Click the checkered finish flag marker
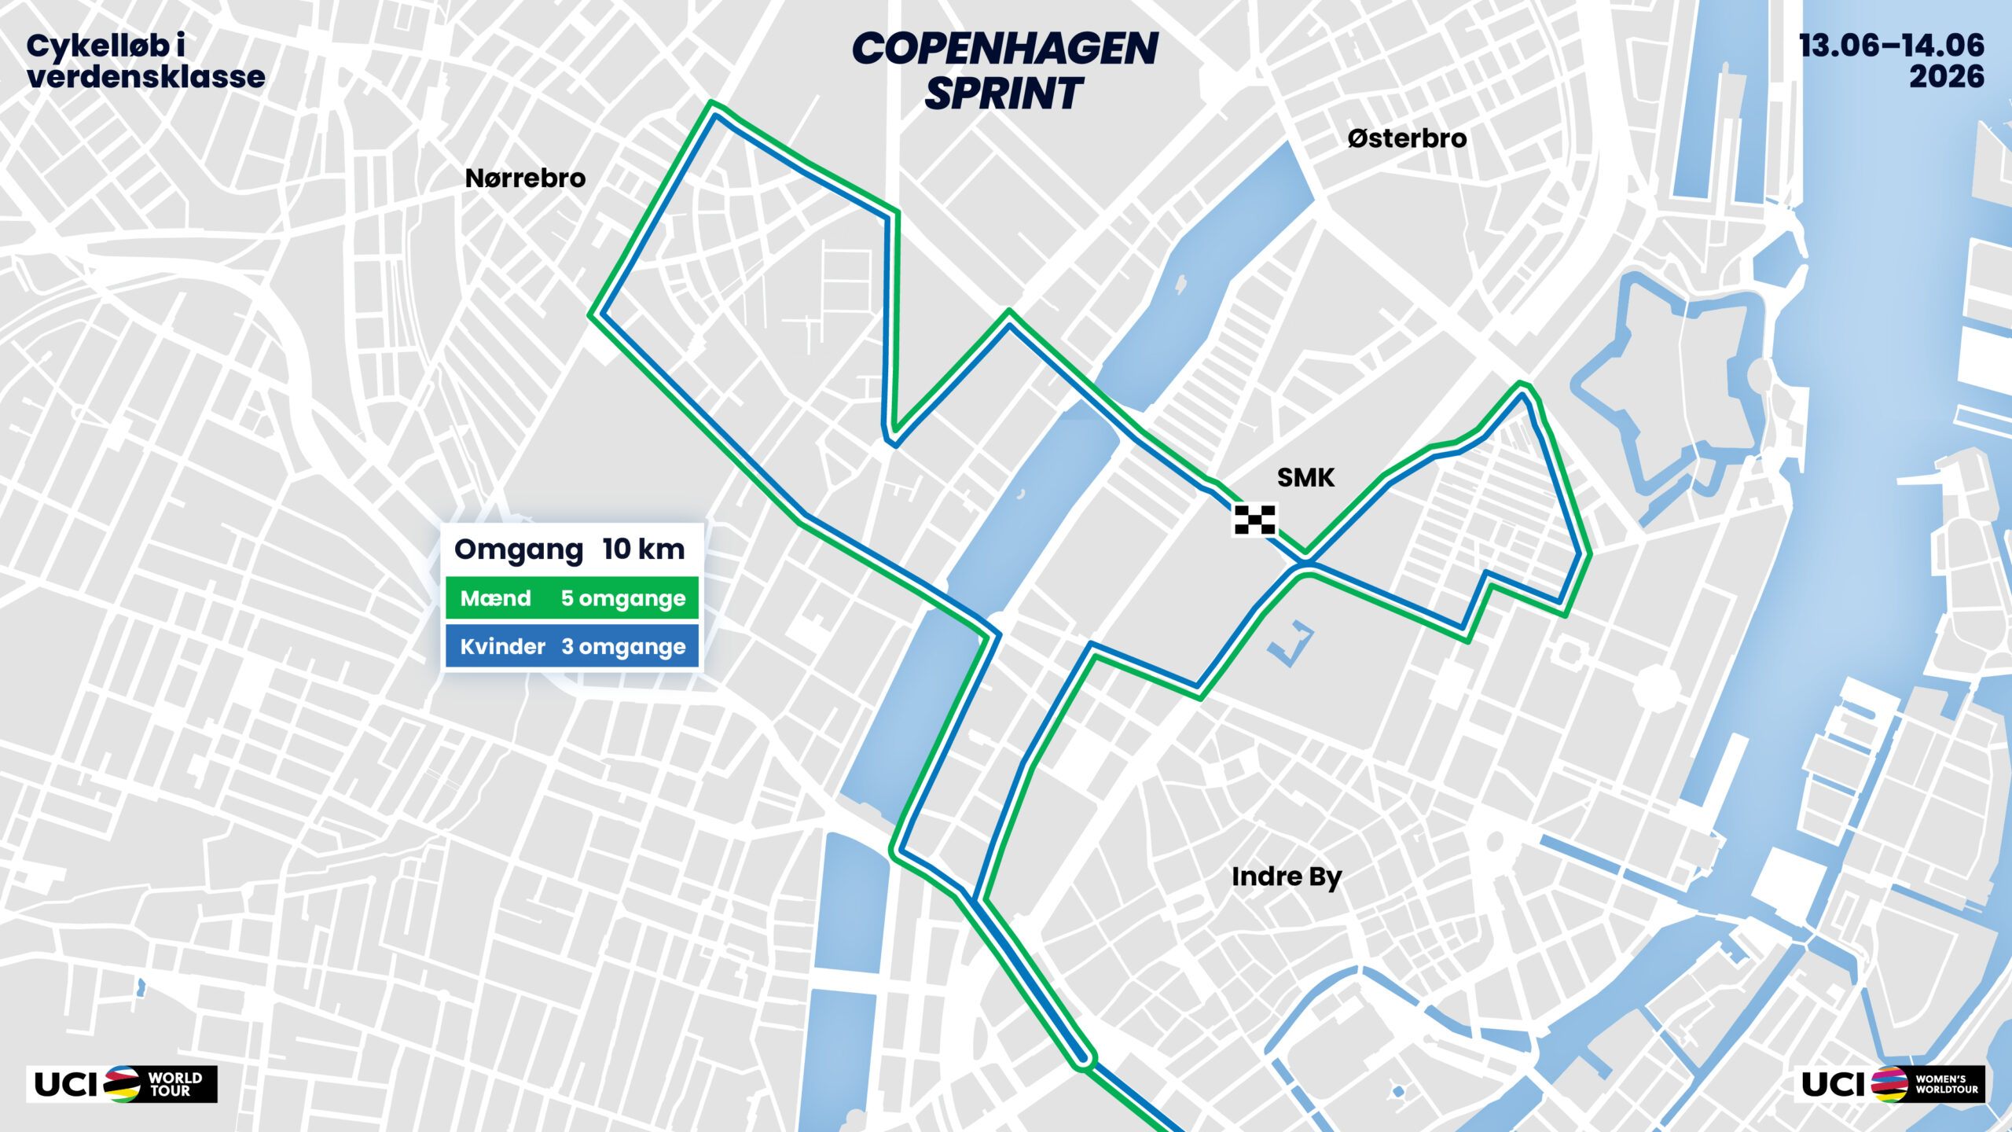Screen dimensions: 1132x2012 [1254, 520]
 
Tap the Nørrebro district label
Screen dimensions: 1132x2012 [525, 178]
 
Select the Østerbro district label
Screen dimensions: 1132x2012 [1407, 139]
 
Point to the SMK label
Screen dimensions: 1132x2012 [1305, 477]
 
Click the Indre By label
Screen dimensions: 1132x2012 [1287, 877]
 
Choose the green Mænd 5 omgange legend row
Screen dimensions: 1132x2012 [571, 598]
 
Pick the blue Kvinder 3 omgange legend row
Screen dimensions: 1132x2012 [571, 646]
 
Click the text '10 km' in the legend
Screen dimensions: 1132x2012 [644, 549]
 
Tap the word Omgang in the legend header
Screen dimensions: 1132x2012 [519, 549]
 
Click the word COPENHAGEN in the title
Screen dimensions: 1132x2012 [1004, 49]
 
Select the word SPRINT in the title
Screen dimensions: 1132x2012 [1004, 94]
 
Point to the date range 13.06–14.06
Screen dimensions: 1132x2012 [1891, 46]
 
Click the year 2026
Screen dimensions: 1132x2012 [1946, 77]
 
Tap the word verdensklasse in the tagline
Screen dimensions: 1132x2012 [145, 77]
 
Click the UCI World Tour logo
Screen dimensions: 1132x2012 [122, 1084]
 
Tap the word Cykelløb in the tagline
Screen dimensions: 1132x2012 [97, 46]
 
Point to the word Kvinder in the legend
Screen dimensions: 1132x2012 [502, 646]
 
